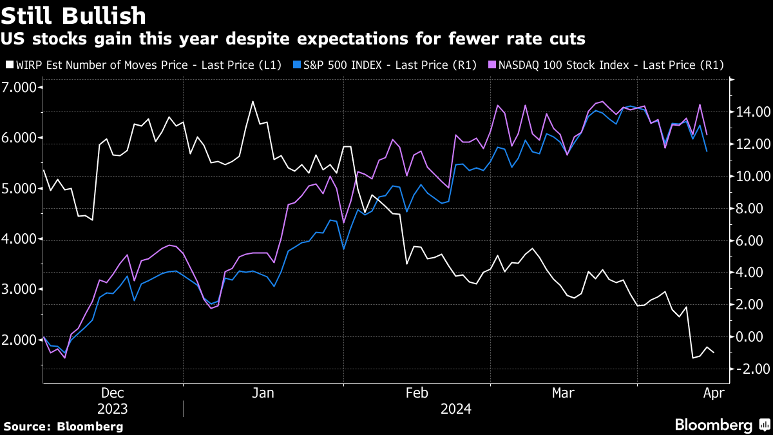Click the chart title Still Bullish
tap(75, 15)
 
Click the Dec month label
tap(113, 393)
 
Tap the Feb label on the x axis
tap(417, 393)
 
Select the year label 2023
tap(113, 409)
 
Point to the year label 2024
tap(455, 409)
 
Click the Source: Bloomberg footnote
tap(63, 426)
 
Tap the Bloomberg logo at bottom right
tap(721, 425)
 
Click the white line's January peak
tap(253, 101)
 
